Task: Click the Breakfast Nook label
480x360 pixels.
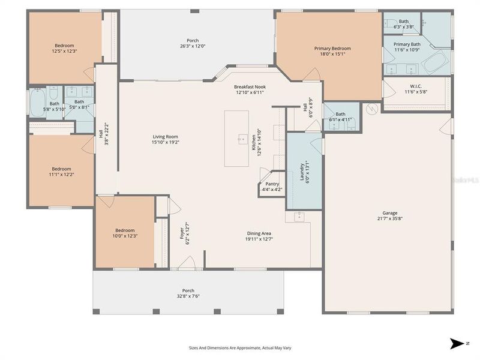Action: point(250,87)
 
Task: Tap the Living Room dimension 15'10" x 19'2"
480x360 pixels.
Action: point(165,143)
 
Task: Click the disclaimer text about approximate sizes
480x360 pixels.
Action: point(240,347)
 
